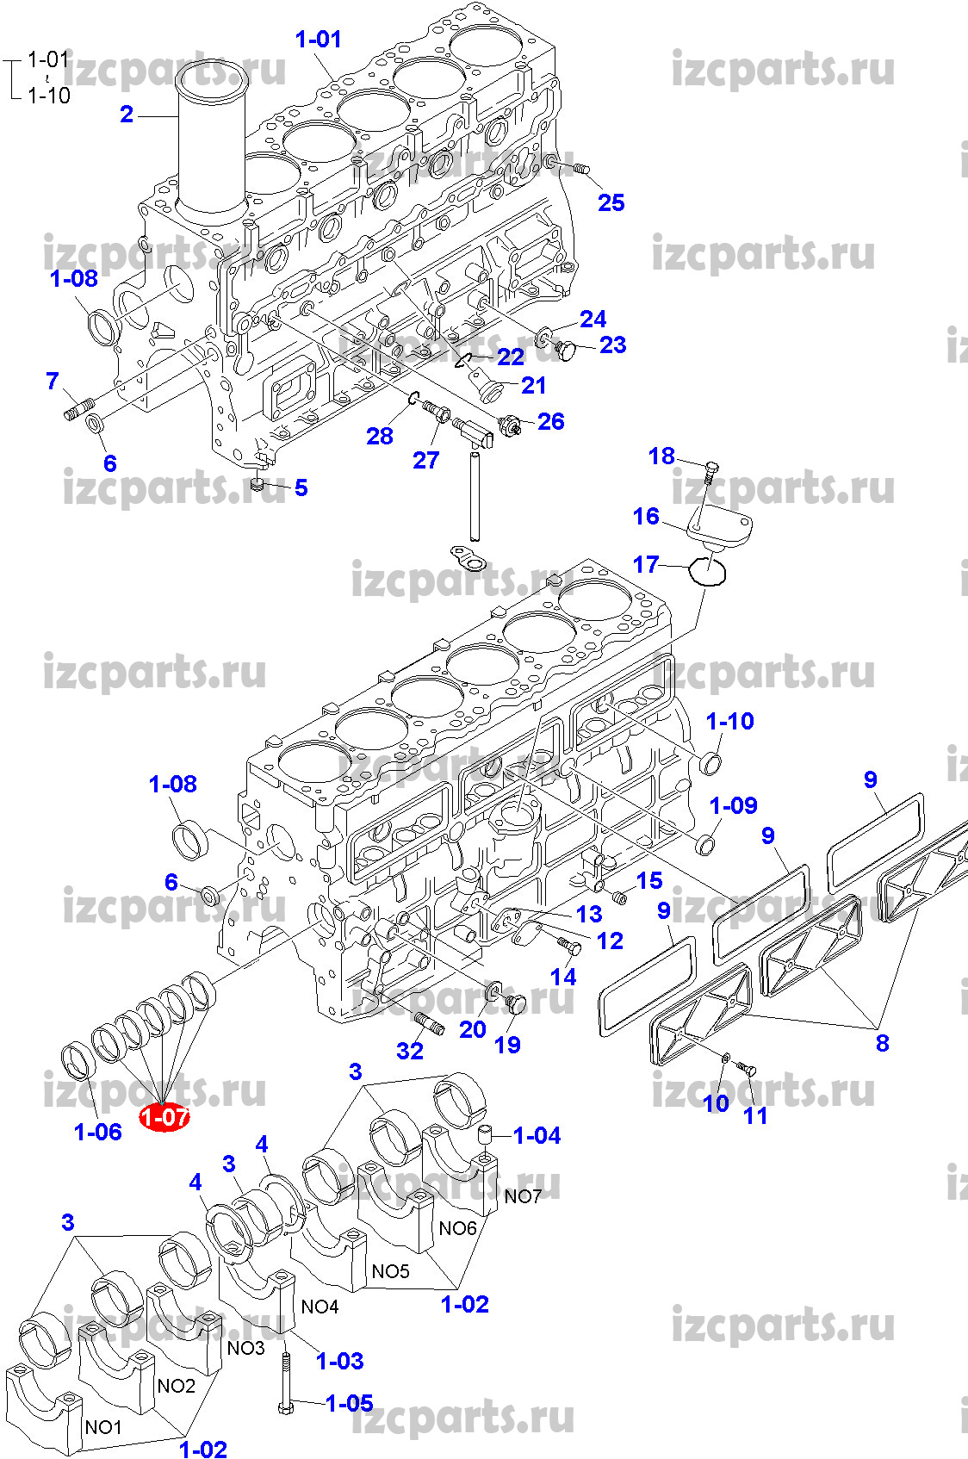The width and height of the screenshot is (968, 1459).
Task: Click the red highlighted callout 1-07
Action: (x=164, y=1117)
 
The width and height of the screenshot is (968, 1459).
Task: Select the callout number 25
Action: (x=611, y=202)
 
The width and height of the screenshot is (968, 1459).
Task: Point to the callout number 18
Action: (x=661, y=456)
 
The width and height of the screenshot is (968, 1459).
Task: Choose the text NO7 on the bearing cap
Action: (x=523, y=1196)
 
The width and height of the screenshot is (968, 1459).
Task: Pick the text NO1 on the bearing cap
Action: (x=103, y=1426)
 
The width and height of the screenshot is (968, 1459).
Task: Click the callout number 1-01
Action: (x=318, y=39)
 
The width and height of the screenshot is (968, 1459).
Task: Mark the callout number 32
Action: (x=410, y=1050)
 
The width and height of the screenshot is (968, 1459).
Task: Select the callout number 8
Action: (x=882, y=1043)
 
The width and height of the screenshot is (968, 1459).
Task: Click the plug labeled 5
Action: (x=255, y=487)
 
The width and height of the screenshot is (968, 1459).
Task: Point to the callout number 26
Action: (x=550, y=421)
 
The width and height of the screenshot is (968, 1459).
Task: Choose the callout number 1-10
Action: (x=729, y=721)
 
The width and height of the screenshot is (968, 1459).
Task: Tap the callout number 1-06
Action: (x=98, y=1132)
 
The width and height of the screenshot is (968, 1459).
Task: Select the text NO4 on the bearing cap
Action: (x=320, y=1307)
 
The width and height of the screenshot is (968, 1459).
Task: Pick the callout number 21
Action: (x=534, y=385)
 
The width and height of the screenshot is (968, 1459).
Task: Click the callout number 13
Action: (x=589, y=913)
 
